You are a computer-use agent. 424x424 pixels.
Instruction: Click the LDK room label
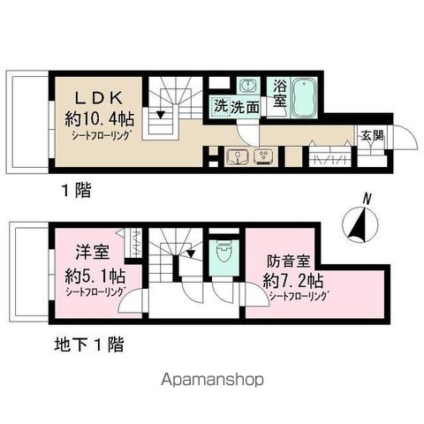tap(99, 98)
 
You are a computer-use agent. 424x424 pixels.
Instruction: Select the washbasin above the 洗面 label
tap(249, 86)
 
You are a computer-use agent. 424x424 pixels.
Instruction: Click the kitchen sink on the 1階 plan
tap(238, 156)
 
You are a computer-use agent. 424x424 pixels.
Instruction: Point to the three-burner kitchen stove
tap(262, 156)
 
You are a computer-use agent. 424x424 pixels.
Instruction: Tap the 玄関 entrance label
tap(373, 136)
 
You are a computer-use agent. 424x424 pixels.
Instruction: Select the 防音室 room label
tap(289, 261)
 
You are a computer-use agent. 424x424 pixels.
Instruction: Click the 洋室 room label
tap(93, 253)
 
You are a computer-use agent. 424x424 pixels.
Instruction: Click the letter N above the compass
tap(367, 199)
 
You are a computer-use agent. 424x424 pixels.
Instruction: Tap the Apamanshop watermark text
tap(212, 380)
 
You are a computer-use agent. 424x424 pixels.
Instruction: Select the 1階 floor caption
tap(76, 190)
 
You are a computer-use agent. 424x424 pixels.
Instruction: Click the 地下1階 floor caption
tap(89, 344)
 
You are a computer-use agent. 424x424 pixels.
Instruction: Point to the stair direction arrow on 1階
tap(160, 114)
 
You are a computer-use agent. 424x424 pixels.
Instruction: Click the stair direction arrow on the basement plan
tap(191, 253)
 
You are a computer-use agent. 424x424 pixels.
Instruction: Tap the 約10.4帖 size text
tap(100, 119)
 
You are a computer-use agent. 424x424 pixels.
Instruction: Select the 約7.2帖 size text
tap(293, 281)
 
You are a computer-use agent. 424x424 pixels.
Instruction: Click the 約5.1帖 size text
tap(95, 276)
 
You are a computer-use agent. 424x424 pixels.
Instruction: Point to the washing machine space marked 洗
tap(220, 107)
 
